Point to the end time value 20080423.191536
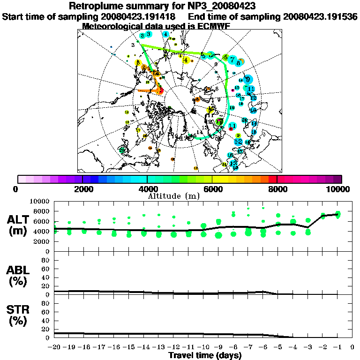point(321,17)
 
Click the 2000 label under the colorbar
point(82,189)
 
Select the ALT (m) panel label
point(19,225)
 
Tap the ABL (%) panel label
point(19,275)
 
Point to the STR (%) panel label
point(19,315)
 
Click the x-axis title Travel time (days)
point(205,355)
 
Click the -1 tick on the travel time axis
point(337,347)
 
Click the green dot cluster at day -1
point(337,215)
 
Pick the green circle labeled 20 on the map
point(122,150)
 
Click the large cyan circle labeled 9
point(247,80)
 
